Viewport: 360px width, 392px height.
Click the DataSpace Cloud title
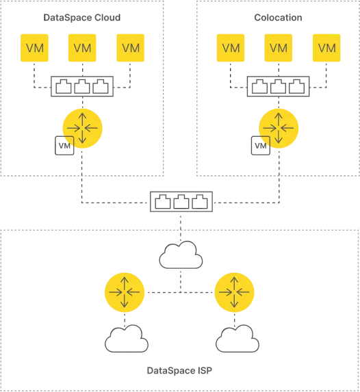82,18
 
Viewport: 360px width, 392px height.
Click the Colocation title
278,18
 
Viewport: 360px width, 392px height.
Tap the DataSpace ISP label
179,371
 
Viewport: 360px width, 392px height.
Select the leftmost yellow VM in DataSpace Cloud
34,48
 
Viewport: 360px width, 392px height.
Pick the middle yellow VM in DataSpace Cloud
82,48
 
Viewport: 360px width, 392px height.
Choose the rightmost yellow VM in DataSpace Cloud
130,48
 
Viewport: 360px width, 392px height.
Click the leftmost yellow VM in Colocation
231,48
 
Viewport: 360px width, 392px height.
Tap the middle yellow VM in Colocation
279,48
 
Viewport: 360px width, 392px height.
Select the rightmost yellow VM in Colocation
326,48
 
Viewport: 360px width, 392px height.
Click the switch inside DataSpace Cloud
82,86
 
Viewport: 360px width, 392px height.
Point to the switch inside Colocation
278,86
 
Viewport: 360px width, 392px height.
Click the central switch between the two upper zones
181,202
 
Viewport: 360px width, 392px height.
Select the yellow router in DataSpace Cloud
83,128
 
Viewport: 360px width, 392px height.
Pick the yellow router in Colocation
279,128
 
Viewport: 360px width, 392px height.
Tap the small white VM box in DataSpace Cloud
64,146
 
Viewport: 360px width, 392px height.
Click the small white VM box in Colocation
261,146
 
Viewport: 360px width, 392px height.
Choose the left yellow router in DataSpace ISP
125,292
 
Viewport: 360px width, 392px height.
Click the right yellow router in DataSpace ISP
235,292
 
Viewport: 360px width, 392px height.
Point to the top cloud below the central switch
181,254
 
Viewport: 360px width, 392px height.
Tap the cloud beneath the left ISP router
127,339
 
